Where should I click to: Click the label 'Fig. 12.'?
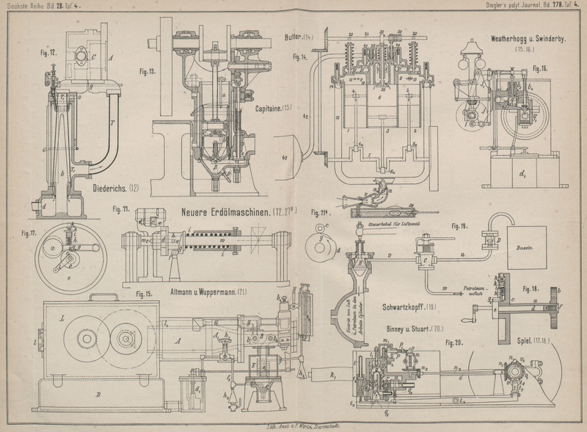[x=48, y=52]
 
